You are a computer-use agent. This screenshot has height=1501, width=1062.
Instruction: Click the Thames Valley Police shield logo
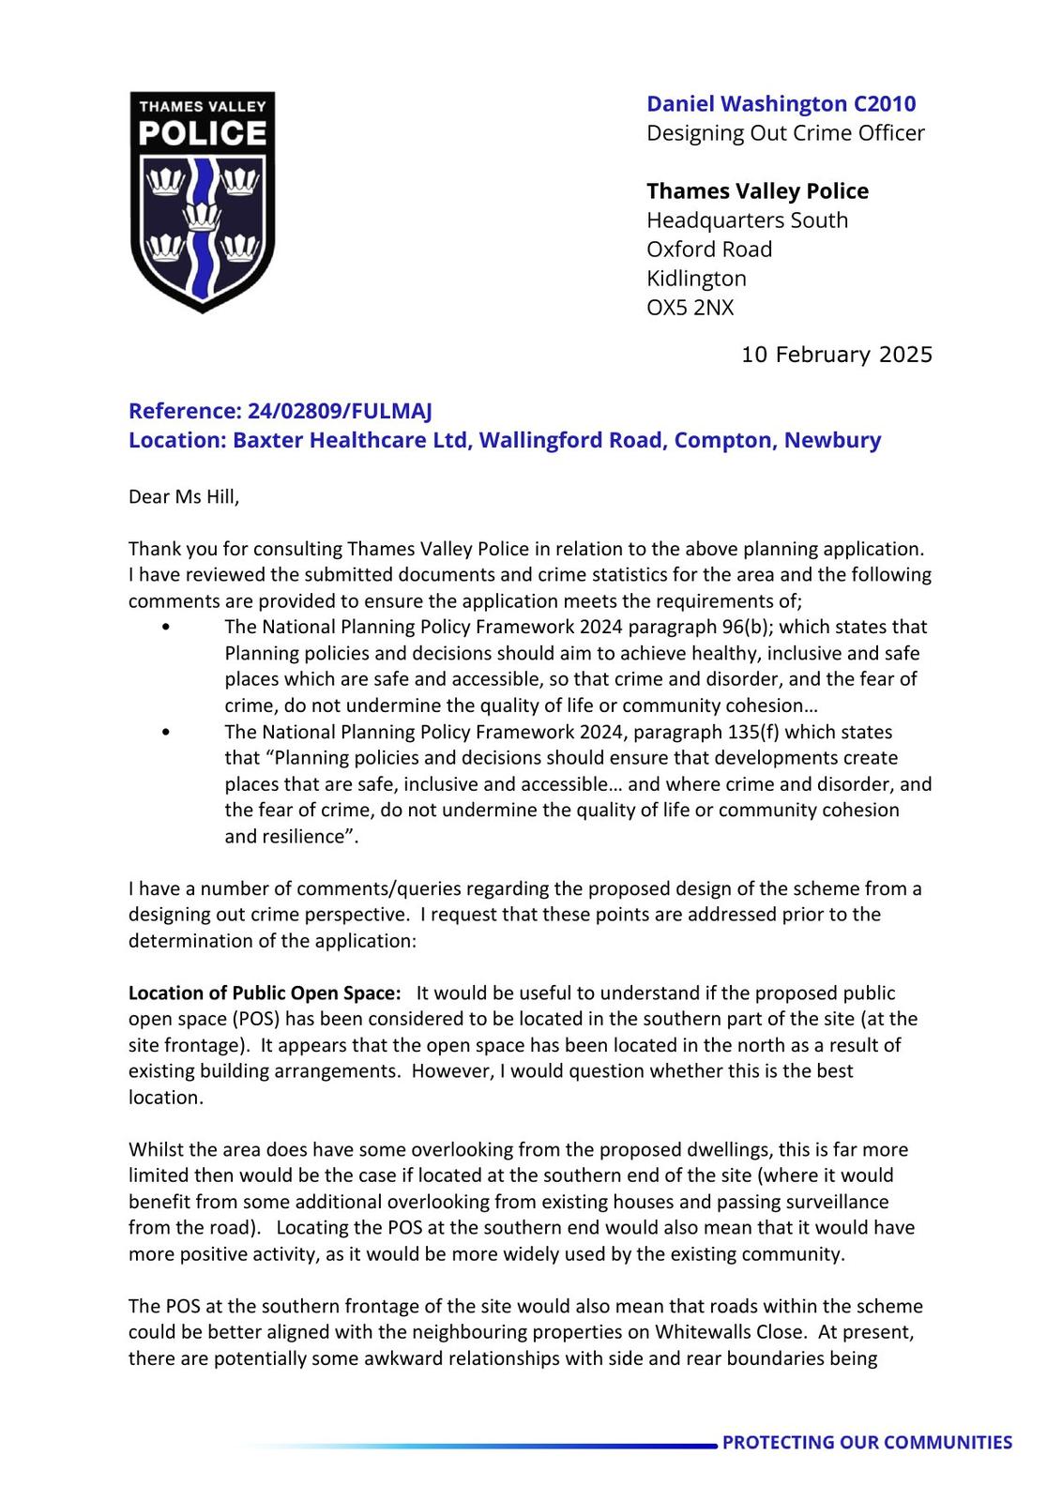pos(203,202)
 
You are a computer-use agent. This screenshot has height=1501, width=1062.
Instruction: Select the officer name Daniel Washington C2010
pos(781,104)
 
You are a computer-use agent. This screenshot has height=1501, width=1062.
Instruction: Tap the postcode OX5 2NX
pos(690,308)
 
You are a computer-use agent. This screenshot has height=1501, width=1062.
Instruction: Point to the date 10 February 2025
pos(837,355)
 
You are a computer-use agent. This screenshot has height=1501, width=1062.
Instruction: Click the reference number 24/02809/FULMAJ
pos(340,411)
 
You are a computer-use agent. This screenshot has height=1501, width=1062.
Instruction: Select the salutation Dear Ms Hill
pos(184,496)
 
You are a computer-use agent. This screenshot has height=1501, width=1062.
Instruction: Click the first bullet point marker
pos(166,628)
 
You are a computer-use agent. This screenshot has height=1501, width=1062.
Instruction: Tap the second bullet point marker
pos(166,733)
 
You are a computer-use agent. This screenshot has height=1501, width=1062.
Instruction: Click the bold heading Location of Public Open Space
pos(265,993)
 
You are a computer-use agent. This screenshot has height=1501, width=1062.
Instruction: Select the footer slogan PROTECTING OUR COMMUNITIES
pos(867,1443)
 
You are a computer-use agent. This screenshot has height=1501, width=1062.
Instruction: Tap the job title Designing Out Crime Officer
pos(785,133)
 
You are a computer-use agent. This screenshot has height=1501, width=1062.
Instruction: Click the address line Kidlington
pos(696,279)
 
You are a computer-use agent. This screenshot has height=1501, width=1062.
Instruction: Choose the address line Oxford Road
pos(709,250)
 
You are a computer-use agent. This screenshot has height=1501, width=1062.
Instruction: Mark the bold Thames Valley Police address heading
pos(757,191)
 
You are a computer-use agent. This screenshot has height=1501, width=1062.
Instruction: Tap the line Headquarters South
pos(747,220)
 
